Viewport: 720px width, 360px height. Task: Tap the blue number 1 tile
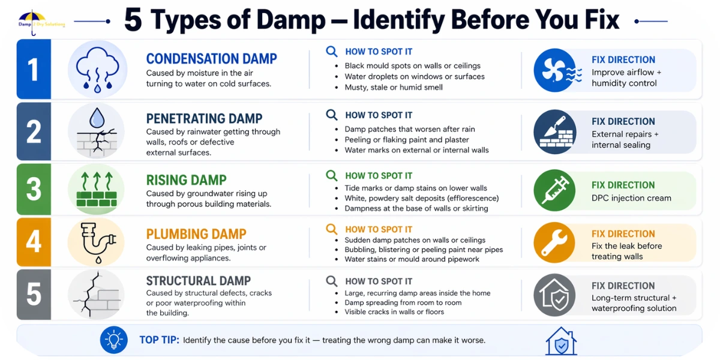(34, 69)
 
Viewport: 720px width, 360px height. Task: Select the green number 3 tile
(34, 189)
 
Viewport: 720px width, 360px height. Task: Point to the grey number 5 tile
(34, 295)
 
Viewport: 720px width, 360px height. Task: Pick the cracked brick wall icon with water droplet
(97, 131)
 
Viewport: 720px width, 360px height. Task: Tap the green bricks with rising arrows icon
(97, 189)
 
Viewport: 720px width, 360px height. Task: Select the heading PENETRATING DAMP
(204, 119)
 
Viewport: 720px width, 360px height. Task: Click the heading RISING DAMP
(187, 180)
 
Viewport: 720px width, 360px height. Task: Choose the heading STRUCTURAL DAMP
(199, 281)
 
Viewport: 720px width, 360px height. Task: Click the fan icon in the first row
(557, 70)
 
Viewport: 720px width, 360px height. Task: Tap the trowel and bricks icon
(555, 132)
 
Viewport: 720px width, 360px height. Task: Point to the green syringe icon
(555, 190)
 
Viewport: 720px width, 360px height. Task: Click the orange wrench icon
(555, 242)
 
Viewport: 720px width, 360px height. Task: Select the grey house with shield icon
(555, 295)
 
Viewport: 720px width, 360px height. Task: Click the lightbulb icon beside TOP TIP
(114, 340)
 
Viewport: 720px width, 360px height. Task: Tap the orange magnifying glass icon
(332, 229)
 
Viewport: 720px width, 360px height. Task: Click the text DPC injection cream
(631, 198)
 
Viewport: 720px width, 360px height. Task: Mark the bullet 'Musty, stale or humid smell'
(394, 88)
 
